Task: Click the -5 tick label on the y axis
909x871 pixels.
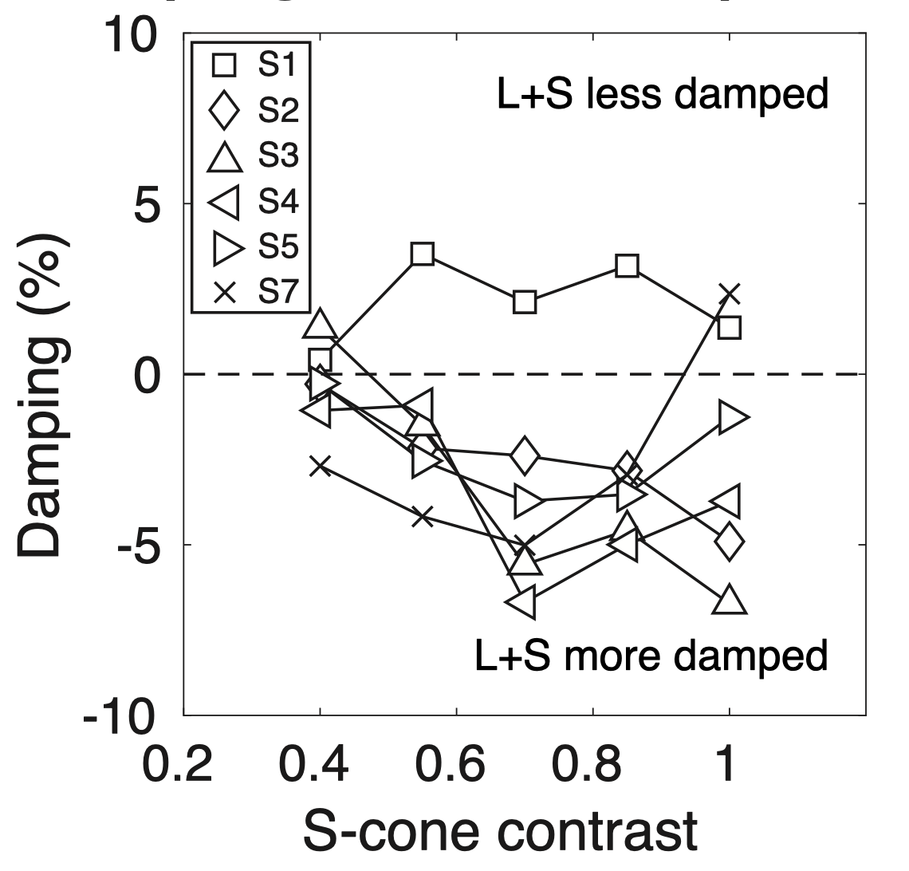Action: click(133, 544)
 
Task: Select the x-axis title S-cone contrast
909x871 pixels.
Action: click(500, 830)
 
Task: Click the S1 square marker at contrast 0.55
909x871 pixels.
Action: click(423, 254)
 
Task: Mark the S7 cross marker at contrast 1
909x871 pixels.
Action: click(729, 294)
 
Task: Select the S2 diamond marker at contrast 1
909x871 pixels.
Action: click(729, 542)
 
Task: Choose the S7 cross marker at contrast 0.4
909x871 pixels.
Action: click(320, 466)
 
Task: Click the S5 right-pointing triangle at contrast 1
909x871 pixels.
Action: click(731, 416)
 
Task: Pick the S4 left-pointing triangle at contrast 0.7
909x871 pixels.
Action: click(522, 603)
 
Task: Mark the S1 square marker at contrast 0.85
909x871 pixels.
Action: click(627, 266)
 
